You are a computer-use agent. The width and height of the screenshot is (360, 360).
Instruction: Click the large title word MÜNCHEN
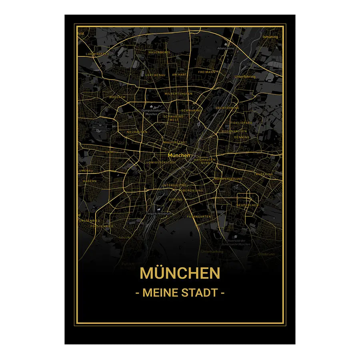tap(180, 273)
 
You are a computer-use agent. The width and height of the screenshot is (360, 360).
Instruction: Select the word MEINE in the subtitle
tap(159, 292)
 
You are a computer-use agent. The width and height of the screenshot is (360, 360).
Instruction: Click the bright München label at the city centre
tap(179, 155)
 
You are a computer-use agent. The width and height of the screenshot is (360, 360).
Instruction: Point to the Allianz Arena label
tap(225, 48)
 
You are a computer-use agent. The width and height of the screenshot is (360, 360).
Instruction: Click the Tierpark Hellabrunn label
tap(159, 213)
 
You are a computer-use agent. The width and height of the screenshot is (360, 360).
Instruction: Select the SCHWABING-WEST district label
tap(174, 118)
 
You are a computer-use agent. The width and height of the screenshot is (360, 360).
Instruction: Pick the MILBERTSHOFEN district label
tap(178, 94)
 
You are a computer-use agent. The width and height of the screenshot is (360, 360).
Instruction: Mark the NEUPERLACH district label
tap(248, 205)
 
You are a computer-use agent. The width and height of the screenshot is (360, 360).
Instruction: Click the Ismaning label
tap(270, 37)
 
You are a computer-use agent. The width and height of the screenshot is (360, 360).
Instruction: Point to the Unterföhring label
tap(245, 76)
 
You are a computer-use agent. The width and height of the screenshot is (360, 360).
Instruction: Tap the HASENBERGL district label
tap(159, 52)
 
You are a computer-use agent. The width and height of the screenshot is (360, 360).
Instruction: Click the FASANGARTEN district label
tap(199, 216)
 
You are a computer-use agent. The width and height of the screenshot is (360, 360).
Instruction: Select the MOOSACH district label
tap(117, 97)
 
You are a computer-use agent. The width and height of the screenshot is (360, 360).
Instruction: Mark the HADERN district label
tap(90, 181)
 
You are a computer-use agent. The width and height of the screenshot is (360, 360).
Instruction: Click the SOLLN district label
tap(124, 237)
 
